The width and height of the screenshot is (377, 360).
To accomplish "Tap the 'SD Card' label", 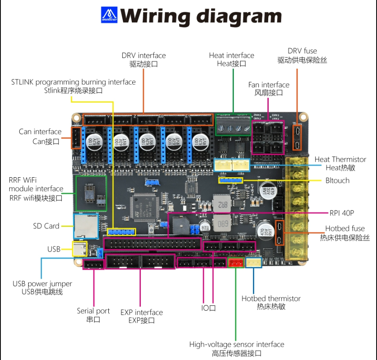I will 46,226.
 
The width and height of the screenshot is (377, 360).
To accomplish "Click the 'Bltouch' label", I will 337,180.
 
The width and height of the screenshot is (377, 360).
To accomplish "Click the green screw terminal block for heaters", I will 233,124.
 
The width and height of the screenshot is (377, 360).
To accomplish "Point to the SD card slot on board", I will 86,225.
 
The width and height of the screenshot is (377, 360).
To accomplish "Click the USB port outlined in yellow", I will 80,249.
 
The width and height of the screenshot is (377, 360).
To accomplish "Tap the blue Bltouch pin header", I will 231,180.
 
